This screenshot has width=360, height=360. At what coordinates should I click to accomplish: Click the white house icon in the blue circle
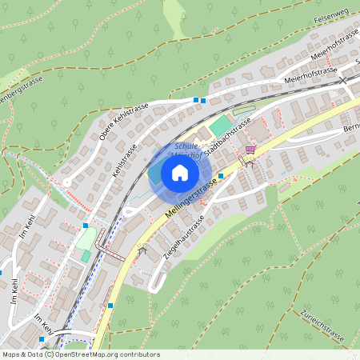180,173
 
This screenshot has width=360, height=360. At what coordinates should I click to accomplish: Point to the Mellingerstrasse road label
191,199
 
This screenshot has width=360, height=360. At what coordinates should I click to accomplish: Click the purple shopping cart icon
250,149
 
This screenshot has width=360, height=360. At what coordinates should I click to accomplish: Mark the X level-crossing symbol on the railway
343,80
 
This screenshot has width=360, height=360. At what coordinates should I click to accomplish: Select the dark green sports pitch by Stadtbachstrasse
218,126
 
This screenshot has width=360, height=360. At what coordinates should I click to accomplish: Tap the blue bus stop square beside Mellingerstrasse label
221,175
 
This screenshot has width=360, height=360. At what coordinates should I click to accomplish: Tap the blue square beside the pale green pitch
86,226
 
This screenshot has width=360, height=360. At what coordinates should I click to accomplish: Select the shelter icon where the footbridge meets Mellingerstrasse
142,251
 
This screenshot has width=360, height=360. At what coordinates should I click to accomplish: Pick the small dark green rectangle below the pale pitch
86,256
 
